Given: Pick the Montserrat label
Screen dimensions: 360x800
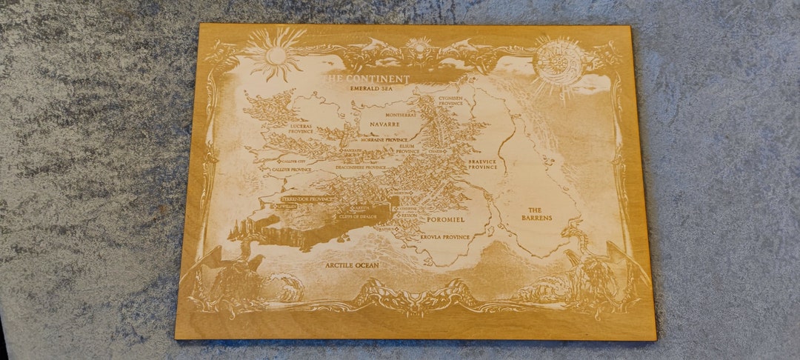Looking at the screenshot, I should (x=401, y=116).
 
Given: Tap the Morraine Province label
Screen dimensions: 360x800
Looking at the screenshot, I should (x=384, y=139).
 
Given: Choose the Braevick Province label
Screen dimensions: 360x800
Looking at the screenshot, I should (x=482, y=164).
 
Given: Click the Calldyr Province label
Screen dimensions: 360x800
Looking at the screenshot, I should (x=290, y=170).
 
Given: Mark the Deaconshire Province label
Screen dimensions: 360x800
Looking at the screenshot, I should (x=361, y=167).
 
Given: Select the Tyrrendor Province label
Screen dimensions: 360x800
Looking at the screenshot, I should (x=306, y=199).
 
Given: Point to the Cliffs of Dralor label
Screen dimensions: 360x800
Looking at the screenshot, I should (x=358, y=216).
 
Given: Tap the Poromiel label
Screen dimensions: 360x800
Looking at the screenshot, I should (x=445, y=220).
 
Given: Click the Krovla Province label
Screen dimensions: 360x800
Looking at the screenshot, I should (x=445, y=237).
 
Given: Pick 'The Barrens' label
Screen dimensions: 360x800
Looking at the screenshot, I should (x=536, y=214).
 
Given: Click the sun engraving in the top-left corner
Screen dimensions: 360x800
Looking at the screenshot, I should (x=276, y=54).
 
